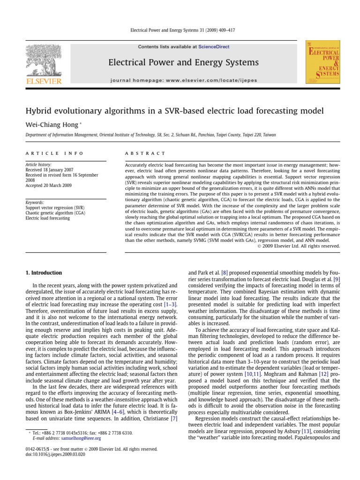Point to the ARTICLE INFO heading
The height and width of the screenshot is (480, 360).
[x=54, y=153]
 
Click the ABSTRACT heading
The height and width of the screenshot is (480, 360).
[x=145, y=153]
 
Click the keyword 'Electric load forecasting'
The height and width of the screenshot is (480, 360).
[x=48, y=218]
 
